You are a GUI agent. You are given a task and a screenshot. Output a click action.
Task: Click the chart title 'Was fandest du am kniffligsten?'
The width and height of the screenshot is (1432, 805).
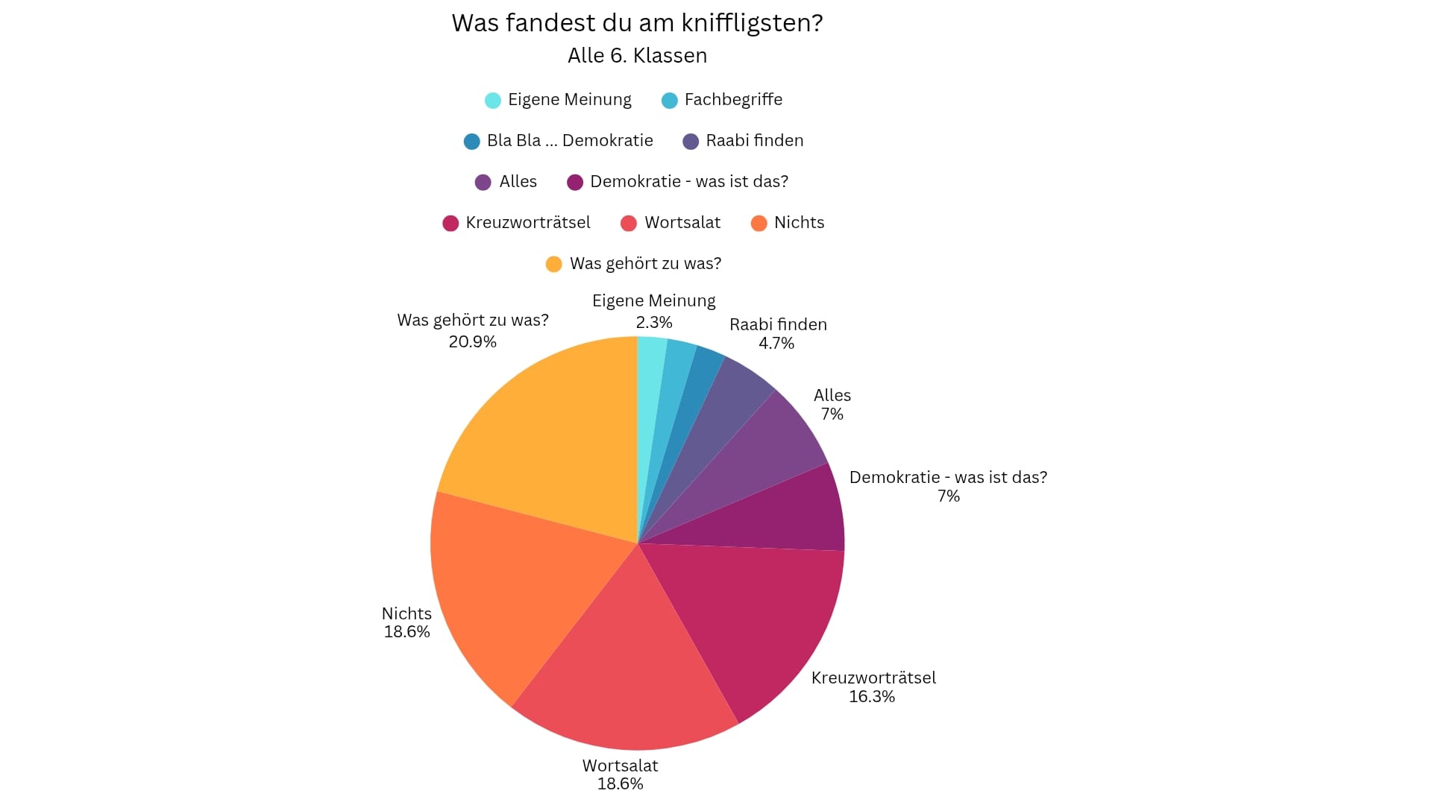click(x=637, y=23)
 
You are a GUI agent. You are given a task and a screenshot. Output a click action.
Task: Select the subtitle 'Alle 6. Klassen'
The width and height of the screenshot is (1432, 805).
click(x=637, y=56)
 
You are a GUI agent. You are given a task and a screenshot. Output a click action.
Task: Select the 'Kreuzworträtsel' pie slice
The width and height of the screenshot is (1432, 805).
click(x=753, y=619)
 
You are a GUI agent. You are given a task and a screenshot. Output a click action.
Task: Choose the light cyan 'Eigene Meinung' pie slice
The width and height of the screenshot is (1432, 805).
click(x=649, y=388)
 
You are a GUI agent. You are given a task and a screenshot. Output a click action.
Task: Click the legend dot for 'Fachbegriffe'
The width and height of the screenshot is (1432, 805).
click(x=670, y=101)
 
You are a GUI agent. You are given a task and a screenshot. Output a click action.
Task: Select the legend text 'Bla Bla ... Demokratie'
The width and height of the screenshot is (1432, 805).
click(x=570, y=141)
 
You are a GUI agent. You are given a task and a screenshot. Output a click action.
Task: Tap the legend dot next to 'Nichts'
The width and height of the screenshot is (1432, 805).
click(x=759, y=223)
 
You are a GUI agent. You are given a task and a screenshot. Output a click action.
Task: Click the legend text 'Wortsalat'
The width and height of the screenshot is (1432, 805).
click(x=682, y=223)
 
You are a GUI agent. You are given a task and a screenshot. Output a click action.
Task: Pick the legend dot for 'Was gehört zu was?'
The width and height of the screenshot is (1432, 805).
click(x=553, y=264)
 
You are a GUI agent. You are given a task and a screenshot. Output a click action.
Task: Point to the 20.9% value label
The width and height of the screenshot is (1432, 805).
click(x=472, y=342)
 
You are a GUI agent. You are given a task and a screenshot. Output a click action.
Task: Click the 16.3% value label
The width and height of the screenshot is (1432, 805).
click(x=872, y=697)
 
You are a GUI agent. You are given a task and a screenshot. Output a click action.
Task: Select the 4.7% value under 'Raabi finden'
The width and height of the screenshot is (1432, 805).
click(x=776, y=344)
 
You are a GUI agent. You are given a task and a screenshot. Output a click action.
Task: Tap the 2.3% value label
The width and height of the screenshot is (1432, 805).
click(x=654, y=323)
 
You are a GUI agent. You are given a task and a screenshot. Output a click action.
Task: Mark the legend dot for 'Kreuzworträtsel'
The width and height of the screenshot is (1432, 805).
click(x=450, y=223)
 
